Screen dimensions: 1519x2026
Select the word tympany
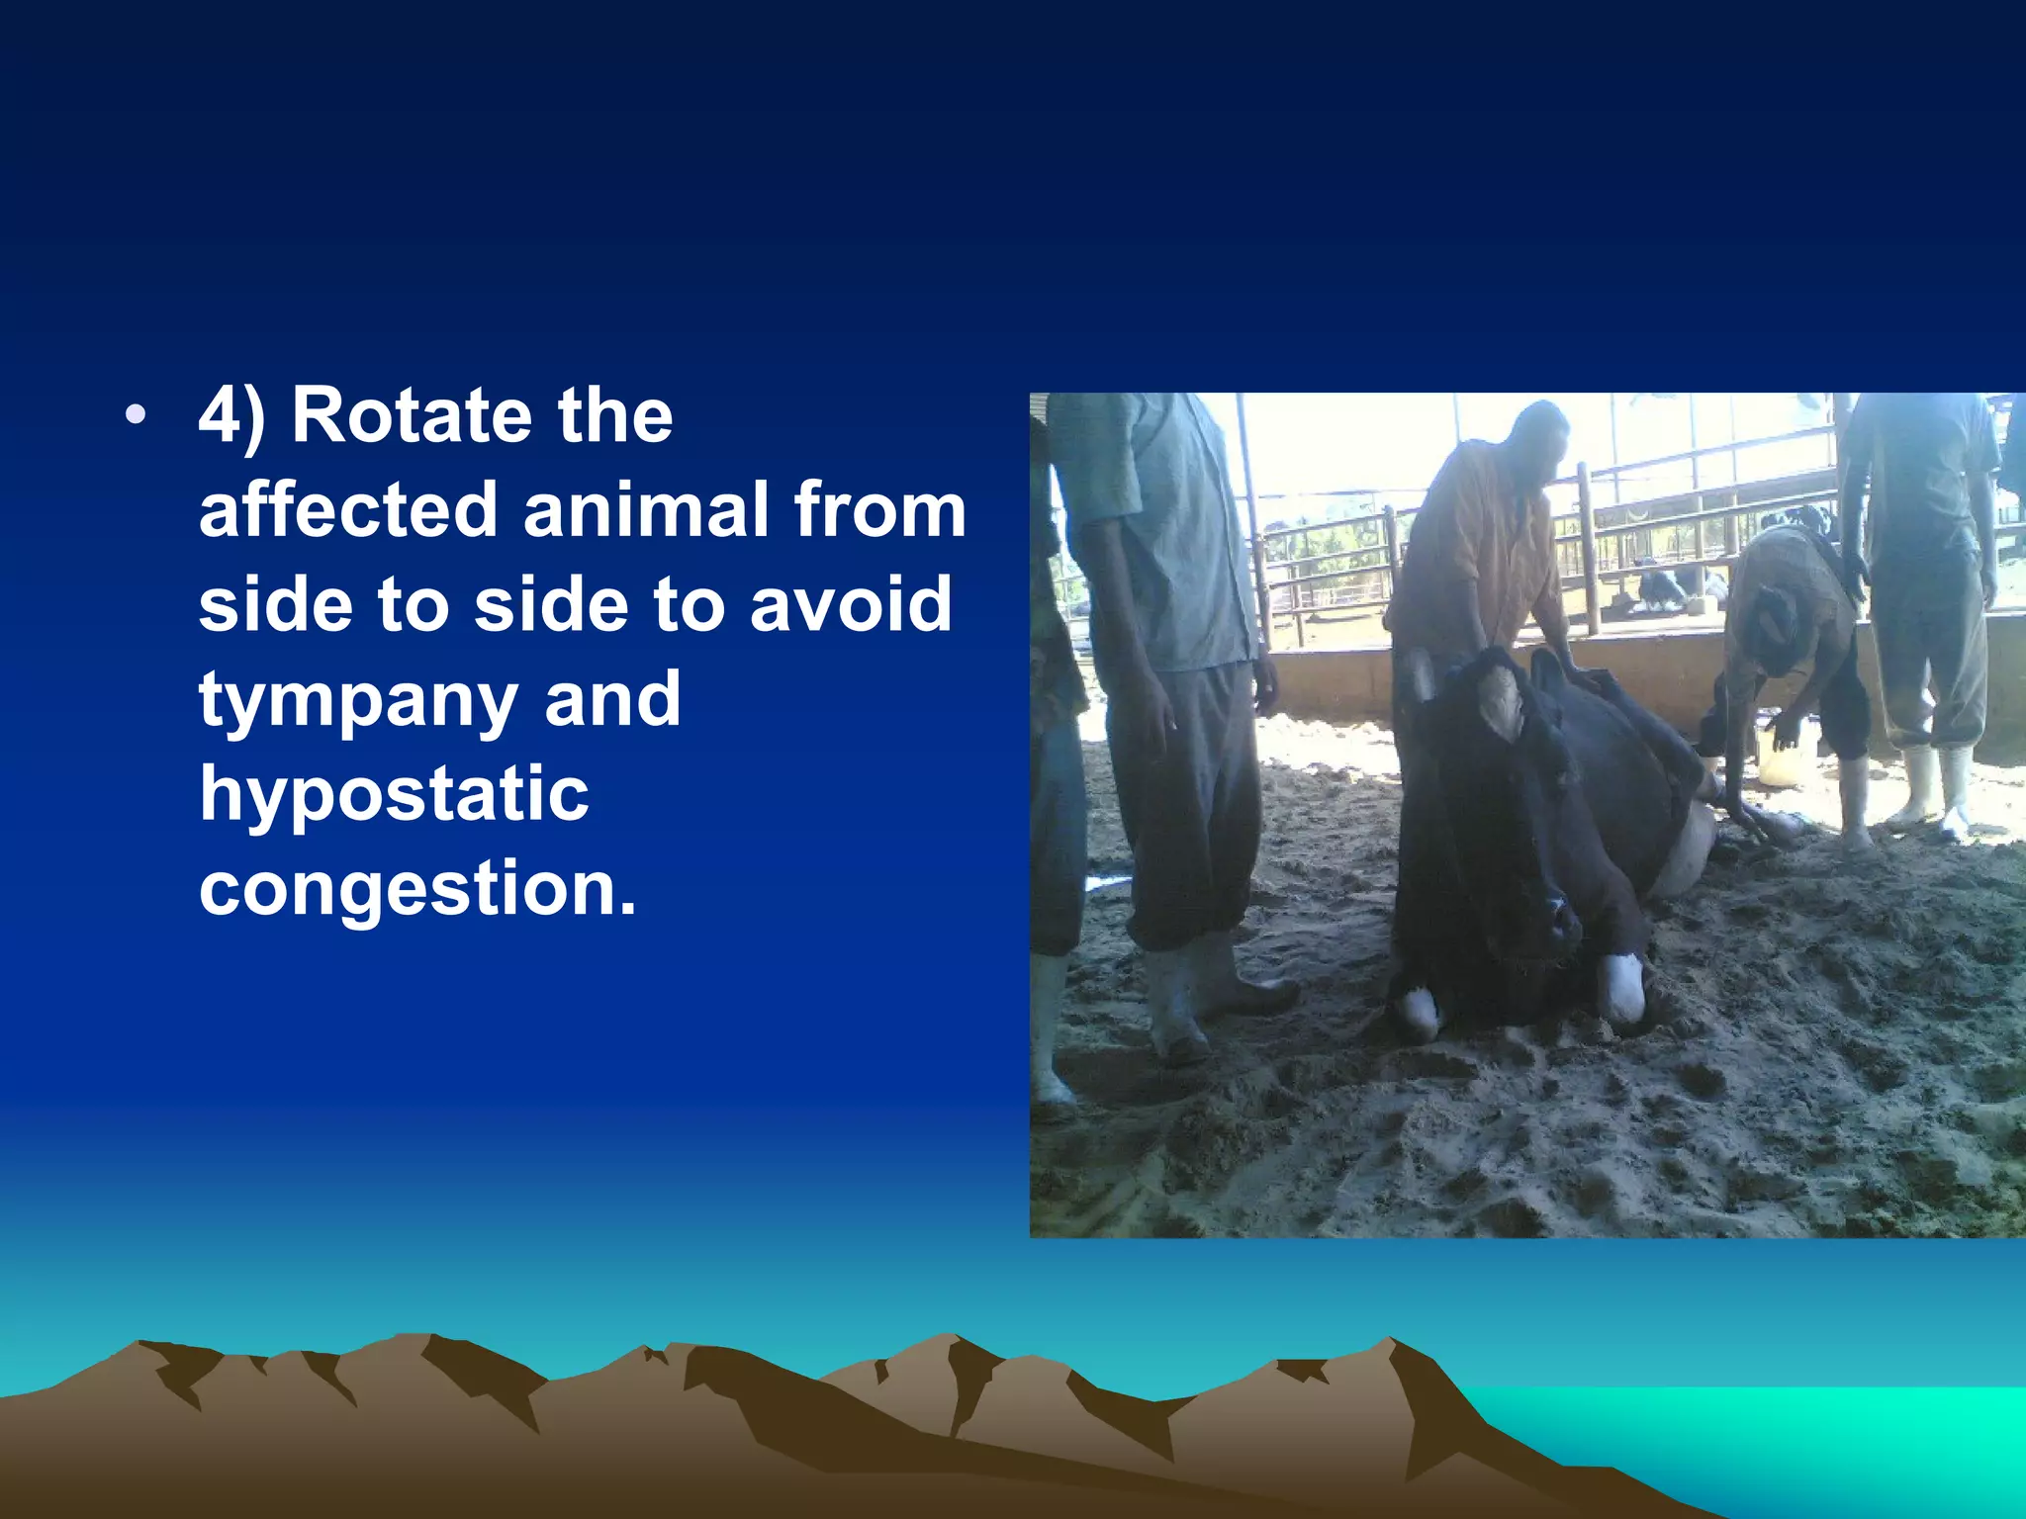click(358, 700)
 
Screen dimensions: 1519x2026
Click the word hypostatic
click(394, 795)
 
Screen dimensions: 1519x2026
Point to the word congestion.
click(416, 888)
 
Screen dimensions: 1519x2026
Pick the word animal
click(646, 510)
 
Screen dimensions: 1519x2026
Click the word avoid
click(851, 605)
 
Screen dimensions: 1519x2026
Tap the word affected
click(347, 510)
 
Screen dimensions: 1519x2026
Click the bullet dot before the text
click(136, 416)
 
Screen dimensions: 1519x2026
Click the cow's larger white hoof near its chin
click(1623, 985)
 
